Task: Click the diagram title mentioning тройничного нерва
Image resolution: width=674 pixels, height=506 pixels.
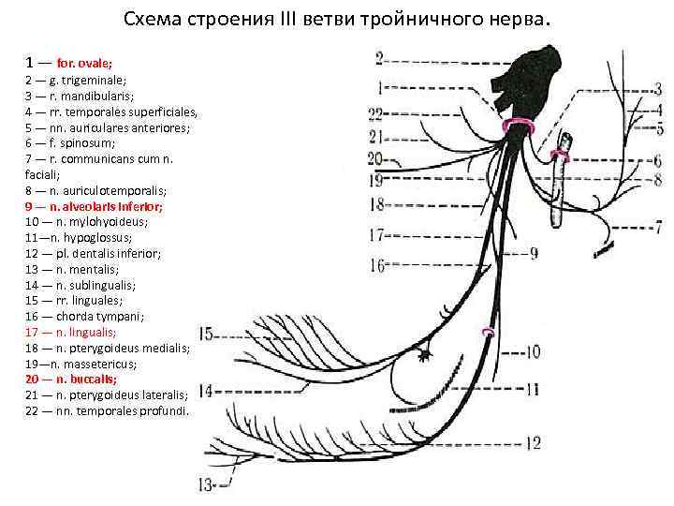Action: (x=338, y=20)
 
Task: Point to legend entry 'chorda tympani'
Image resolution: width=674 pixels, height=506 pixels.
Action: (x=83, y=317)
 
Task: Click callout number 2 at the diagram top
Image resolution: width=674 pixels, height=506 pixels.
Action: (x=381, y=58)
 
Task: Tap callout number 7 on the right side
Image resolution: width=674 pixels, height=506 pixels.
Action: (x=657, y=227)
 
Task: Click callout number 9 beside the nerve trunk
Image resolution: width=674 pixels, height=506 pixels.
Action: (x=533, y=253)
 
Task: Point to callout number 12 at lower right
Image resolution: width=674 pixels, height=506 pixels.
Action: (x=532, y=442)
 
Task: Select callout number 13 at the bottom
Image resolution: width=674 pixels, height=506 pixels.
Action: (x=206, y=484)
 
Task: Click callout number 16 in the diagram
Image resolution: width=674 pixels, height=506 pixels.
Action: (x=377, y=266)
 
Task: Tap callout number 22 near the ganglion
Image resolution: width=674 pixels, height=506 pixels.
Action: (x=376, y=114)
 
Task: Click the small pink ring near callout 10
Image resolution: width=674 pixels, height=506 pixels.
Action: (x=487, y=332)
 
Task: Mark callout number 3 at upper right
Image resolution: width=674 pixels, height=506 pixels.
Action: (x=657, y=90)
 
